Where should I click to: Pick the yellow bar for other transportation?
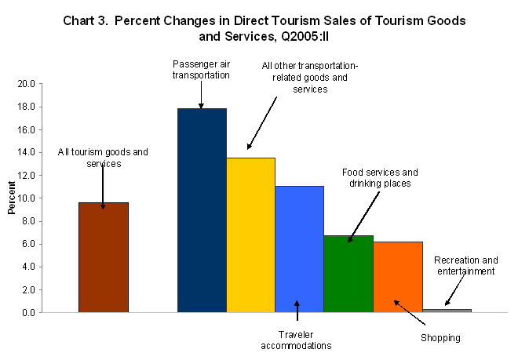pos(250,235)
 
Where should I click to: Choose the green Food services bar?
pos(348,274)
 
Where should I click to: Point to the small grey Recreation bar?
pos(447,311)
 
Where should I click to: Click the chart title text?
pos(264,29)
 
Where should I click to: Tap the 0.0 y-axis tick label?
pos(27,312)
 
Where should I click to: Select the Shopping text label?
pos(440,338)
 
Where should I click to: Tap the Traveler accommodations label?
pos(297,339)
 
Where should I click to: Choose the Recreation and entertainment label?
pos(465,265)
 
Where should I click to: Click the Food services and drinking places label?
pos(380,177)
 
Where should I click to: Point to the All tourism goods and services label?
pos(103,157)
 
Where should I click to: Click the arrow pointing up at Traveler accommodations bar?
pos(298,311)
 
